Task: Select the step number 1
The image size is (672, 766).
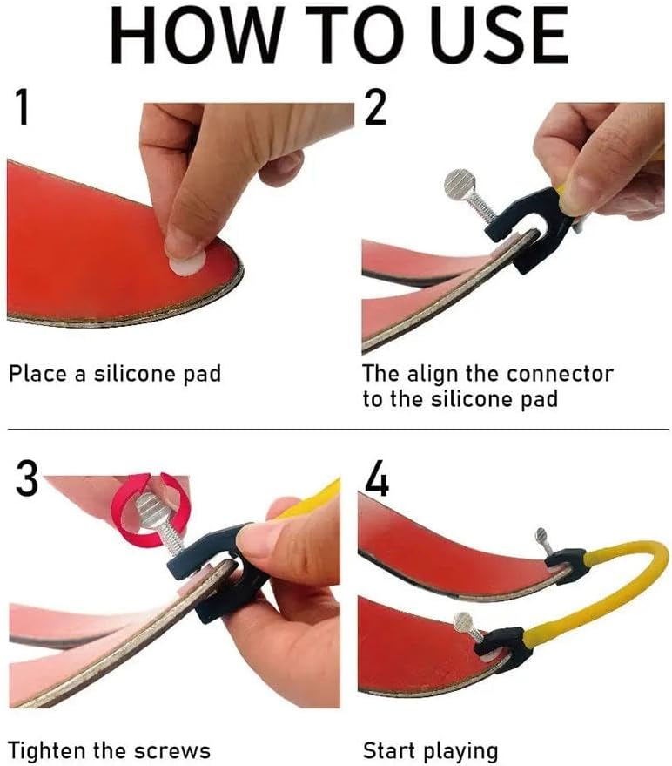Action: tap(22, 107)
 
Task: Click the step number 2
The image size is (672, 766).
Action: tap(375, 107)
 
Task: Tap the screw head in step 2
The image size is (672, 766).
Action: tap(460, 184)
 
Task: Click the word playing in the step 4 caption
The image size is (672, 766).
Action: tap(460, 751)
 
